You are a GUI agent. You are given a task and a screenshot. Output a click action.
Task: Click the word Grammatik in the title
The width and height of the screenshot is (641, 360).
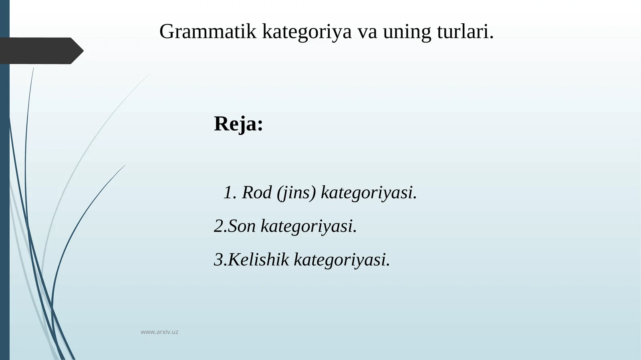tap(208, 31)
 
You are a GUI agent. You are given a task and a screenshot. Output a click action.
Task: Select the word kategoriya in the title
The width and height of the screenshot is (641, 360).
tap(306, 32)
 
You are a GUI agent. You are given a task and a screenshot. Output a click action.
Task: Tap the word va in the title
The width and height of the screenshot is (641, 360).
tap(367, 32)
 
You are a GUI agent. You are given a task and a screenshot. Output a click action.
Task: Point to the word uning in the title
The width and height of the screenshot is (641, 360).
tap(407, 32)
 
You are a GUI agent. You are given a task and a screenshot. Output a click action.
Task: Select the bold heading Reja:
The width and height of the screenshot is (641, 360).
tap(238, 123)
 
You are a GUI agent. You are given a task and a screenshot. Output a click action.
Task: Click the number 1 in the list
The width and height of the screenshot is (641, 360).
tap(228, 193)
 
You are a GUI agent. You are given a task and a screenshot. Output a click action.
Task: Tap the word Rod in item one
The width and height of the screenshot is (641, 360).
tap(257, 193)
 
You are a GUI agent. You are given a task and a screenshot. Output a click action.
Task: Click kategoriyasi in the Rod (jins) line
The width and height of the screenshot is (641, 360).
tap(367, 193)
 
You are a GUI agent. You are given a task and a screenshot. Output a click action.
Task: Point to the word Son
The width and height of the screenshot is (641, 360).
tap(242, 226)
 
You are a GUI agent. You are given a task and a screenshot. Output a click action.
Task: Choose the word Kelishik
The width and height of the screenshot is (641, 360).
tap(258, 259)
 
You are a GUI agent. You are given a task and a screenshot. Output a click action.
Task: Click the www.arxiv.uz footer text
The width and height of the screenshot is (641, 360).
tap(159, 332)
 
